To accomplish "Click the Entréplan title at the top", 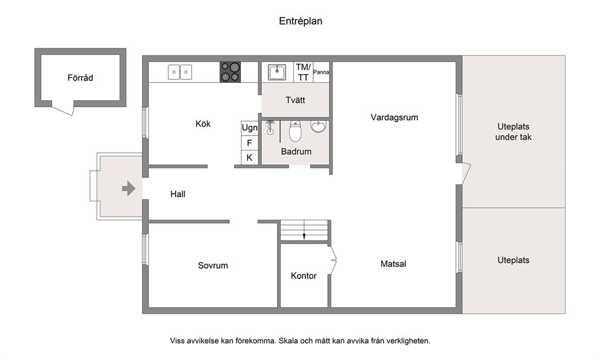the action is tap(301, 21).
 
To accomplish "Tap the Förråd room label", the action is tap(80, 77).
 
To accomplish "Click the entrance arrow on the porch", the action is tap(129, 188).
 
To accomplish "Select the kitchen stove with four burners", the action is tap(230, 72).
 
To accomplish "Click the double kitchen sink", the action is tap(180, 72).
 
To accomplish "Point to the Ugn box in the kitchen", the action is tap(249, 128).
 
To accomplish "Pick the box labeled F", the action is tap(249, 143).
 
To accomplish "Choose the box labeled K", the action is tap(249, 157).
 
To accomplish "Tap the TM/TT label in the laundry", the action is tap(303, 72).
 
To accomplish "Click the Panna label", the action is tap(321, 72).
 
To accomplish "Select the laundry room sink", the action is tap(276, 72).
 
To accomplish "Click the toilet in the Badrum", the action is tap(295, 131).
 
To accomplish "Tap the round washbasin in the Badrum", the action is tap(318, 126).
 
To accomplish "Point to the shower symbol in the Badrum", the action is tap(270, 128).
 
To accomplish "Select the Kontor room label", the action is tap(304, 276).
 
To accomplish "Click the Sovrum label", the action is tap(213, 266).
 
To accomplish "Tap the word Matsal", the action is tap(393, 264).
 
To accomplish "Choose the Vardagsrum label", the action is tap(394, 117).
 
